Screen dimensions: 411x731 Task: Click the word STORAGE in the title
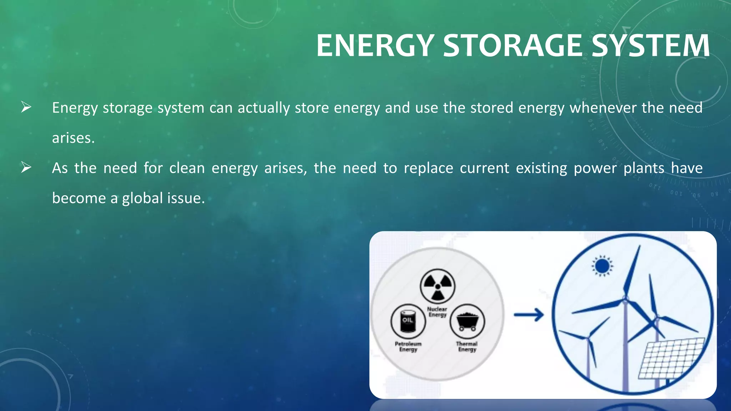click(513, 45)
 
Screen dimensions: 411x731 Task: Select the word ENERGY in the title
click(375, 45)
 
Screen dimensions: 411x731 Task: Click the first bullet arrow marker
click(26, 107)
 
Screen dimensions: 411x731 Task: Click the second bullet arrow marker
click(26, 167)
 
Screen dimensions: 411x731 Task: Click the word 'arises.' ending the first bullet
click(73, 138)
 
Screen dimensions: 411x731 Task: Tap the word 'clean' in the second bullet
click(187, 168)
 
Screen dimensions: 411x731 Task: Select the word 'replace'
click(428, 168)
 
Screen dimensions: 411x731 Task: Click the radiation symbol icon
click(438, 286)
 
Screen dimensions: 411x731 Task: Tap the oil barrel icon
click(408, 321)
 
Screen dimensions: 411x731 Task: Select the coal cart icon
click(467, 321)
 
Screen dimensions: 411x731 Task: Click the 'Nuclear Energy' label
click(438, 312)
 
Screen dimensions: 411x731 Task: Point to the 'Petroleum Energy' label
click(408, 346)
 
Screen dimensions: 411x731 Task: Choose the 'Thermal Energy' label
click(467, 346)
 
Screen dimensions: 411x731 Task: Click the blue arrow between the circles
click(529, 315)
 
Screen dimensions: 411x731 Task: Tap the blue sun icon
click(603, 266)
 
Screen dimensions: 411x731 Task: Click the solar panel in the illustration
click(671, 359)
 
